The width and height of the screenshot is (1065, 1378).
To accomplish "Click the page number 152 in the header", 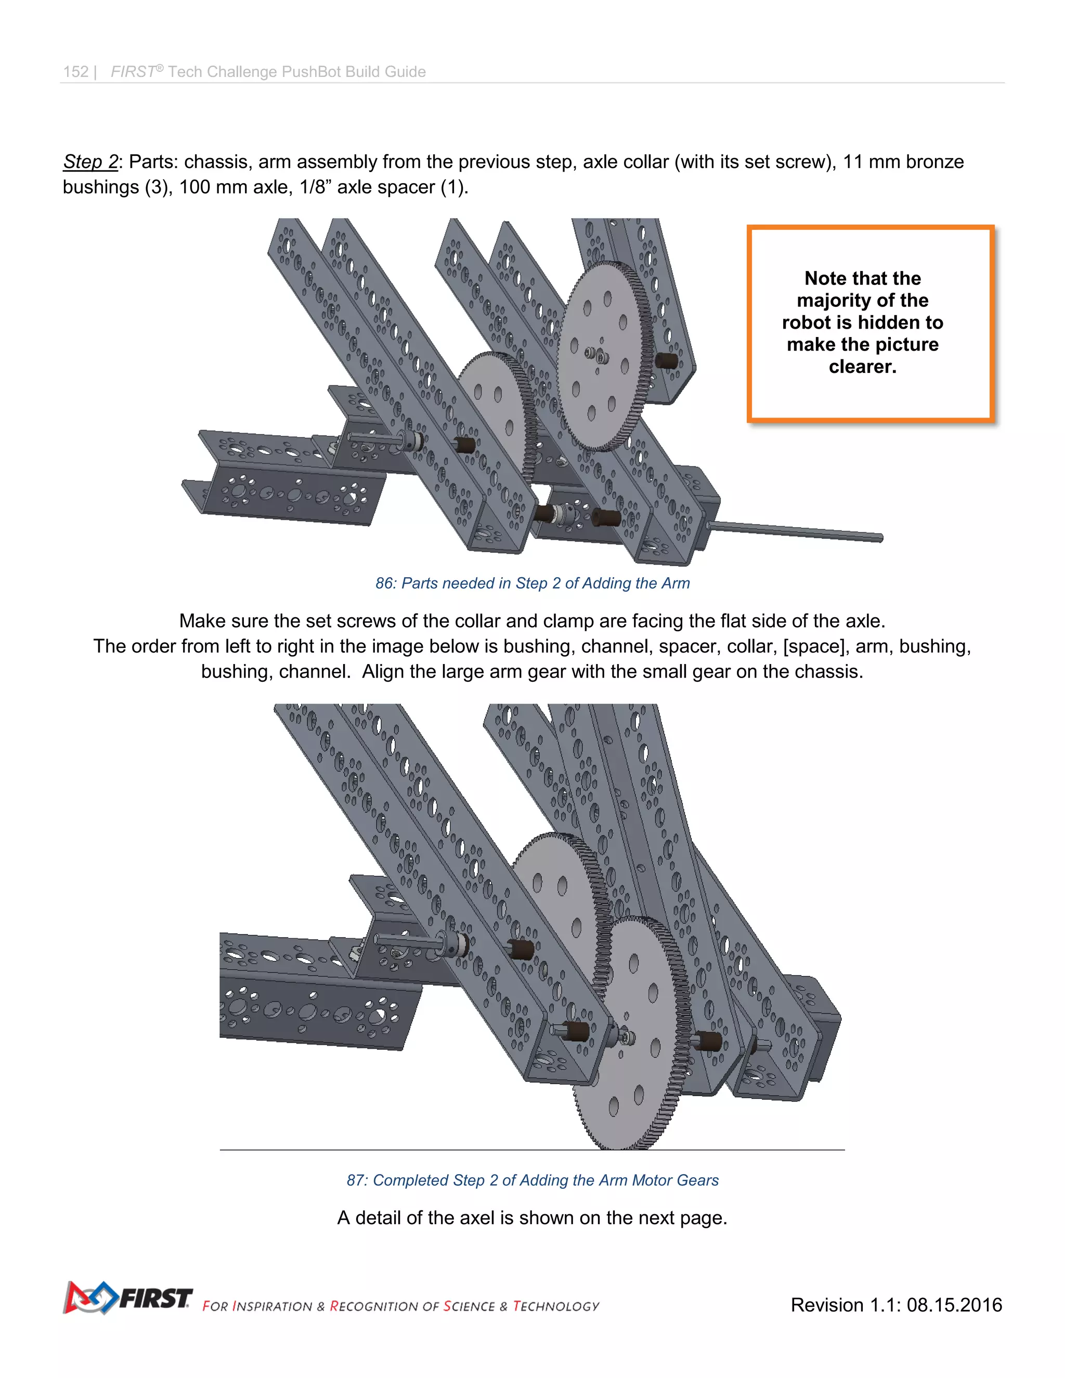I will pos(76,72).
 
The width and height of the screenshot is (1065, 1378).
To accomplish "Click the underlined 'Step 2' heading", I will pos(90,162).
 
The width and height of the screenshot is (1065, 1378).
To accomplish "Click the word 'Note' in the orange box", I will pos(825,278).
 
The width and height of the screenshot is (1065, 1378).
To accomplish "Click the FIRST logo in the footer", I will pos(127,1298).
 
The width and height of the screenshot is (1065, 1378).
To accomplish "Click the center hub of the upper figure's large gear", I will pos(597,355).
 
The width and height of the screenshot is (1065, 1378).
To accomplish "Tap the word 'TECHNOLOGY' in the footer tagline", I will pos(556,1306).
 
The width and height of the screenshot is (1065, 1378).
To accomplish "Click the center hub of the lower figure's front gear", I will pos(625,1035).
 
